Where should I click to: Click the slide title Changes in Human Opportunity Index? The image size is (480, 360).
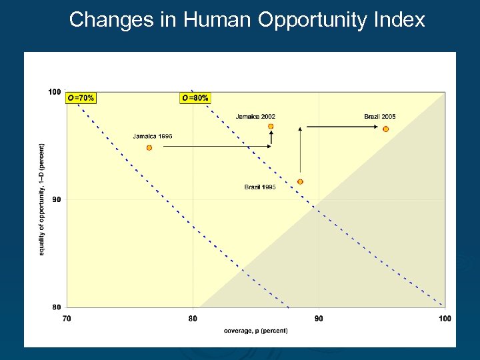(247, 20)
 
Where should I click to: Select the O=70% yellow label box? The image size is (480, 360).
(81, 98)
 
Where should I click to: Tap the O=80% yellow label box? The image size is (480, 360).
(195, 98)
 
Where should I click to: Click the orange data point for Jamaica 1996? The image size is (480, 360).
(149, 147)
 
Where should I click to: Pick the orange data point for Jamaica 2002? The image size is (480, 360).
(271, 126)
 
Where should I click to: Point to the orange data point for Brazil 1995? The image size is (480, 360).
(300, 181)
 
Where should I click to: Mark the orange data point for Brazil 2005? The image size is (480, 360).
(385, 129)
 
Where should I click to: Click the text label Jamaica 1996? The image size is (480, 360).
(153, 137)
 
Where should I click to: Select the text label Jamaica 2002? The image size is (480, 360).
(255, 117)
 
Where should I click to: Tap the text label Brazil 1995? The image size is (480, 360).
(260, 187)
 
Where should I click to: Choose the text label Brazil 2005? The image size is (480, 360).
(379, 117)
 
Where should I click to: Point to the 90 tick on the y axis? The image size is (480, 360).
(57, 199)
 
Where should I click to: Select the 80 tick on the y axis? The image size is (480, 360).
(57, 307)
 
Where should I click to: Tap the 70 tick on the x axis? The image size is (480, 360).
(67, 319)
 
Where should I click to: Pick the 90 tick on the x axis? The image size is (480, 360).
(319, 319)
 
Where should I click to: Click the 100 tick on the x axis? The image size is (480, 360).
(445, 319)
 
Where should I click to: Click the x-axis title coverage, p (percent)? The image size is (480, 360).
(256, 331)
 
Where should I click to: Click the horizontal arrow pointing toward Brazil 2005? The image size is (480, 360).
(340, 126)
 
